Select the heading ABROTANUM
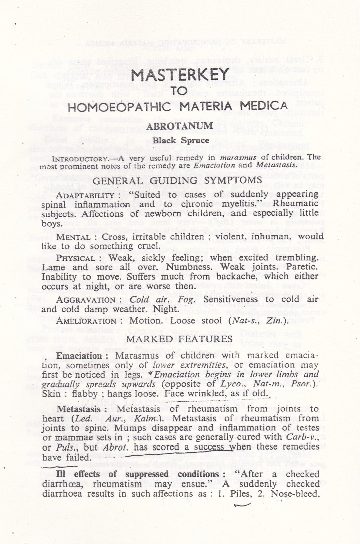180,126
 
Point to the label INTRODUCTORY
78,157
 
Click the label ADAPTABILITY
85,195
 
